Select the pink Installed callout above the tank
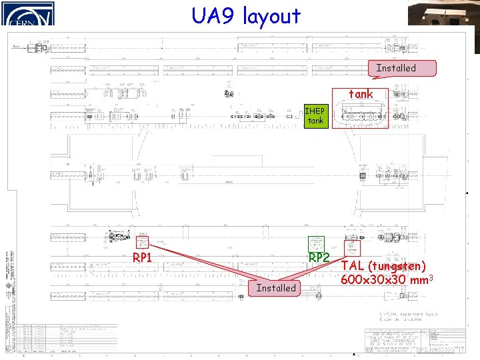pyautogui.click(x=396, y=68)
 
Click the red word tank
pyautogui.click(x=361, y=94)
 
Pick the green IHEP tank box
pyautogui.click(x=315, y=116)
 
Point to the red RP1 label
pyautogui.click(x=143, y=257)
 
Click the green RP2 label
pyautogui.click(x=319, y=257)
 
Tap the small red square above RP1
pyautogui.click(x=142, y=243)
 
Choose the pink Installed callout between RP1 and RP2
pyautogui.click(x=275, y=288)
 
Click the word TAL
pyautogui.click(x=353, y=265)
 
